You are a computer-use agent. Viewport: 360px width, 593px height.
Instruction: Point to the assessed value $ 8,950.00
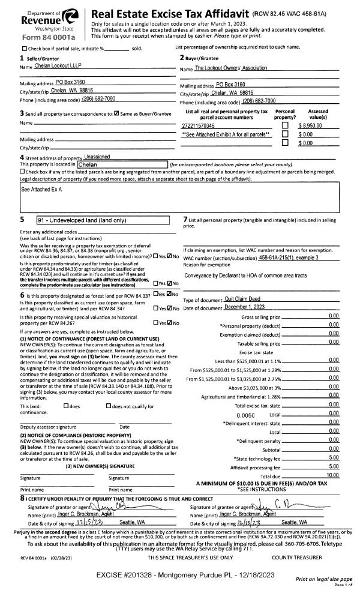pos(311,125)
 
